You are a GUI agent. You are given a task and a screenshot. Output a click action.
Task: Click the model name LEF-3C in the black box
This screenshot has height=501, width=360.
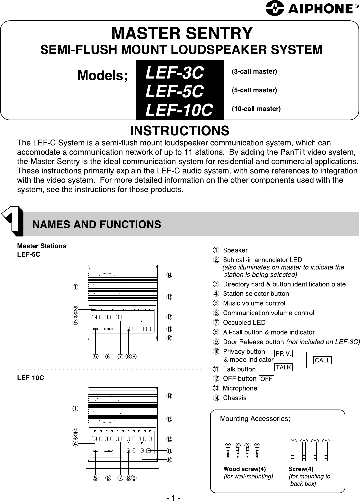[174, 73]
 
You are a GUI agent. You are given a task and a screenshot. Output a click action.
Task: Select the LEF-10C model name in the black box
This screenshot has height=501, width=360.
[179, 110]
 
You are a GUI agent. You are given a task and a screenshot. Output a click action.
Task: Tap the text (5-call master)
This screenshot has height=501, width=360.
[254, 90]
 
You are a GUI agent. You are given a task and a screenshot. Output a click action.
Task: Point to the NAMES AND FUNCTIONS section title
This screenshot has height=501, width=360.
[97, 224]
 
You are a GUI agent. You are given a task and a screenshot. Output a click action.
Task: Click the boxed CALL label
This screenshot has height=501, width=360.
[322, 360]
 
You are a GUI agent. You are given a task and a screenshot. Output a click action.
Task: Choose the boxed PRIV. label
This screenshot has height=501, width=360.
[283, 353]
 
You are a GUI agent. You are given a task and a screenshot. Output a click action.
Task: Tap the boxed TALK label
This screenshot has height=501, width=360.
[283, 367]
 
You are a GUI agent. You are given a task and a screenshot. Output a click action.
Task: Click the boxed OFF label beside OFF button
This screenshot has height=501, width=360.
[266, 379]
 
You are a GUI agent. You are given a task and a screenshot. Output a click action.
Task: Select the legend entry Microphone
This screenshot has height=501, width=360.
[239, 388]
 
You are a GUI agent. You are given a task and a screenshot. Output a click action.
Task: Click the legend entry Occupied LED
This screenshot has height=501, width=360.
[244, 323]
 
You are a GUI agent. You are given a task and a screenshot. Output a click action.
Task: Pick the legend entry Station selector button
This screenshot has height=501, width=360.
[255, 294]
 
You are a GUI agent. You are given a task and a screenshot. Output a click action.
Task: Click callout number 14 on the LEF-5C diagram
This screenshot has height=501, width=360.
[169, 275]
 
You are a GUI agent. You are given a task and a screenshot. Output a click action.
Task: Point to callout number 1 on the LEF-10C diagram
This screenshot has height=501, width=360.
[76, 408]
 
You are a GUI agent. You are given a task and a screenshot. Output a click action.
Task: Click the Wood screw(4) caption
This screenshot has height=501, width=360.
[244, 469]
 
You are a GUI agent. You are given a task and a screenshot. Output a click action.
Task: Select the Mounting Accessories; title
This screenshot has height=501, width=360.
[255, 419]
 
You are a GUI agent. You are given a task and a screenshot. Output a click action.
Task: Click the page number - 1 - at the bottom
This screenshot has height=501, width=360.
[173, 498]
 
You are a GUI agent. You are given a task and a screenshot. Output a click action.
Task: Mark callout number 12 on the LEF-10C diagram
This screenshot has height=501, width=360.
[169, 439]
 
